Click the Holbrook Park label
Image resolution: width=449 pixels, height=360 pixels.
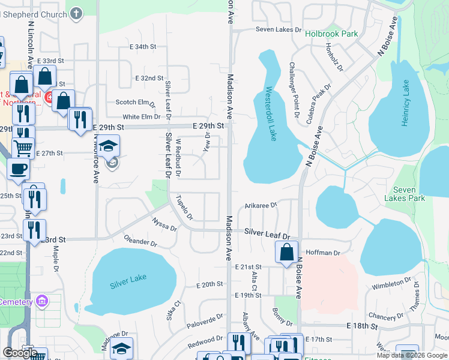pos(331,34)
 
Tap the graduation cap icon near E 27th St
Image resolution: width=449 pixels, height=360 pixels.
pos(109,146)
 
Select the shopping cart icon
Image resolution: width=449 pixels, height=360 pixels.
pos(23,147)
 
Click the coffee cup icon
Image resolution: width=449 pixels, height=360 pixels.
pos(17,169)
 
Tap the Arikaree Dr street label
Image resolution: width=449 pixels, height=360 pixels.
pos(261,205)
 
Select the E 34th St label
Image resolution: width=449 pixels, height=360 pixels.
pos(142,46)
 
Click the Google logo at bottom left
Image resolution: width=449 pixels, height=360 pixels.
pos(20,353)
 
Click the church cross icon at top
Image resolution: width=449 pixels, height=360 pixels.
pos(76,13)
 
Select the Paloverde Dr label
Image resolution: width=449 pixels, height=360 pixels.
pos(205,322)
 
